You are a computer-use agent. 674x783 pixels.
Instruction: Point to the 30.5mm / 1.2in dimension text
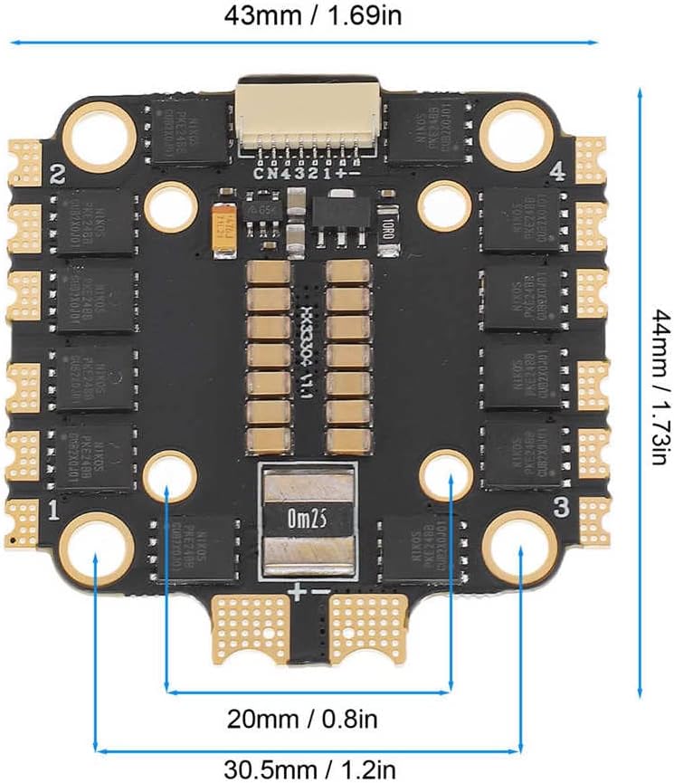[310, 770]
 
